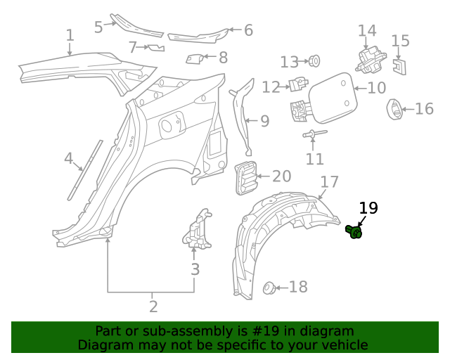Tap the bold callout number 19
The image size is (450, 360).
[x=368, y=208]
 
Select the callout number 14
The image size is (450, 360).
[x=367, y=31]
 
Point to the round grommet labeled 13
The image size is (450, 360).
[x=314, y=61]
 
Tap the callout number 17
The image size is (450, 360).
[x=330, y=181]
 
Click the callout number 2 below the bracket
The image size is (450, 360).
[x=153, y=307]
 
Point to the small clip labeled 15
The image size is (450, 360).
[x=399, y=66]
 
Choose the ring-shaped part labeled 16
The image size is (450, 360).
[x=394, y=109]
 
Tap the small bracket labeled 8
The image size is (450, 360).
[x=195, y=58]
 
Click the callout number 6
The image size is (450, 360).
[x=248, y=30]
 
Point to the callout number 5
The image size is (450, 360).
[x=98, y=27]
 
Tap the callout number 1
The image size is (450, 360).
[x=70, y=35]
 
